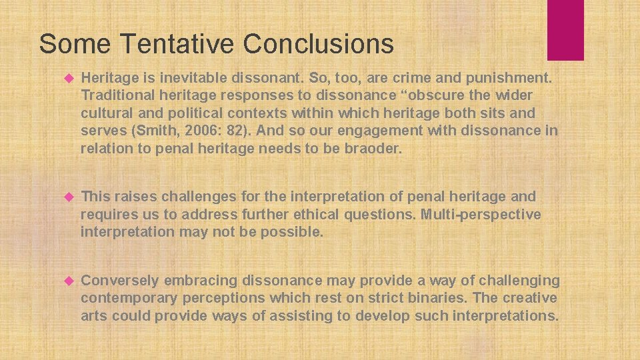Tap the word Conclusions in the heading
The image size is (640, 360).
(318, 44)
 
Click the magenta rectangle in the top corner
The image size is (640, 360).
(565, 29)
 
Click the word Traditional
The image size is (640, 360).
(117, 96)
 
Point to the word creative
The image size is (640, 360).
(529, 298)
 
